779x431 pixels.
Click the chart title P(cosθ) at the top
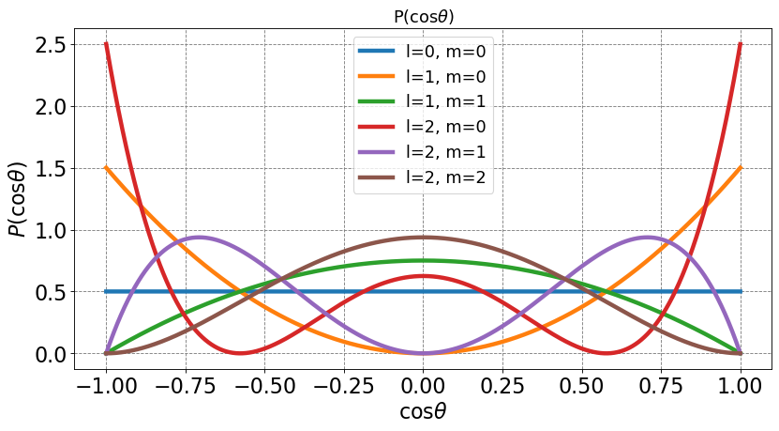(422, 16)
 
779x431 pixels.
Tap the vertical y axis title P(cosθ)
(18, 199)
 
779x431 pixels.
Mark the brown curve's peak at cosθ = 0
(423, 238)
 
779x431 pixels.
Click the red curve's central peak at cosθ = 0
(423, 276)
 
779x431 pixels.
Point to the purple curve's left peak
(198, 238)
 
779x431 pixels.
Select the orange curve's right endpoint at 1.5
(741, 168)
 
